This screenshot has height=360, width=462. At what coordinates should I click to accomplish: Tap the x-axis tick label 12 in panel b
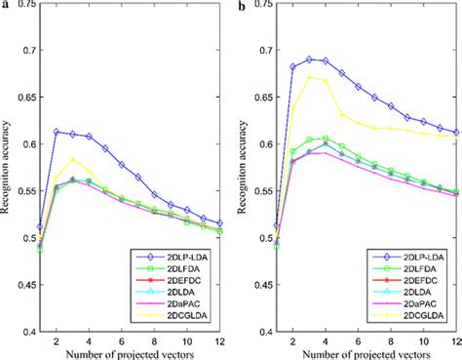[457, 340]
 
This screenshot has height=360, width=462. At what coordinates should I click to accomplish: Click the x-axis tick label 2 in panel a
[57, 340]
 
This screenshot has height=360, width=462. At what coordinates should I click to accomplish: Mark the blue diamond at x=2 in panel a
[57, 131]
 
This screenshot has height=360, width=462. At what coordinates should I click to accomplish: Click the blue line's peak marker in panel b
[310, 60]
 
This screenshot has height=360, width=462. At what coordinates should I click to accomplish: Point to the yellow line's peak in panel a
[74, 159]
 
